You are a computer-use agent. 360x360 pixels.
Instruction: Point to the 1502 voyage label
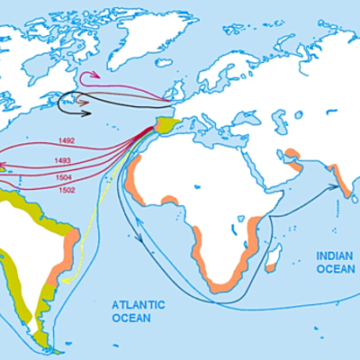click(66, 190)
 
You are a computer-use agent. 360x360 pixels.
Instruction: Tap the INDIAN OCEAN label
click(336, 262)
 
